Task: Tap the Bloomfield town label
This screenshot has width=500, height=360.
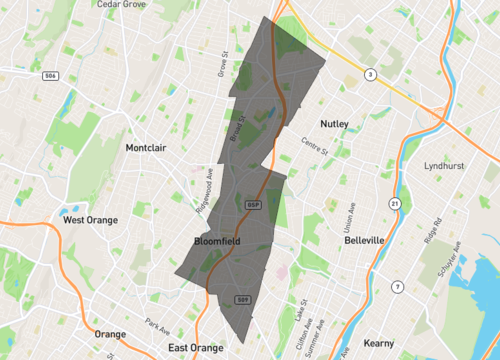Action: click(x=217, y=241)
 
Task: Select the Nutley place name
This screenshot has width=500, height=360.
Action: click(x=334, y=124)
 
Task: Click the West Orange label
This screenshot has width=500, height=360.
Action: click(x=88, y=219)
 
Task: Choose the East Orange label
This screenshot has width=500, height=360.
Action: click(x=195, y=347)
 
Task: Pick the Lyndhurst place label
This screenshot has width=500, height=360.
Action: click(x=446, y=166)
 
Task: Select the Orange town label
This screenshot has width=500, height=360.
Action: click(x=110, y=334)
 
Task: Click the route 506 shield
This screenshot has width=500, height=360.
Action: click(x=49, y=75)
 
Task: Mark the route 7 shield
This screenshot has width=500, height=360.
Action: click(x=397, y=287)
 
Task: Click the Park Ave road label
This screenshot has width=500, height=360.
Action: click(x=157, y=324)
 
